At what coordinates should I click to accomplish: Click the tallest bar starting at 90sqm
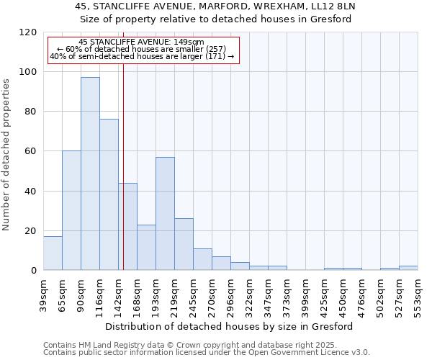(x=90, y=174)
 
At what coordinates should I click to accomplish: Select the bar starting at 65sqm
(x=71, y=210)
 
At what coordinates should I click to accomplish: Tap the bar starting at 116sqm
(x=109, y=194)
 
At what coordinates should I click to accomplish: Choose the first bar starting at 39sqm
(x=53, y=253)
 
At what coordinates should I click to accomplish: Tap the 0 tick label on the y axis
(x=34, y=271)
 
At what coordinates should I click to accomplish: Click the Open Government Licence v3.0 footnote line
(x=207, y=352)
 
